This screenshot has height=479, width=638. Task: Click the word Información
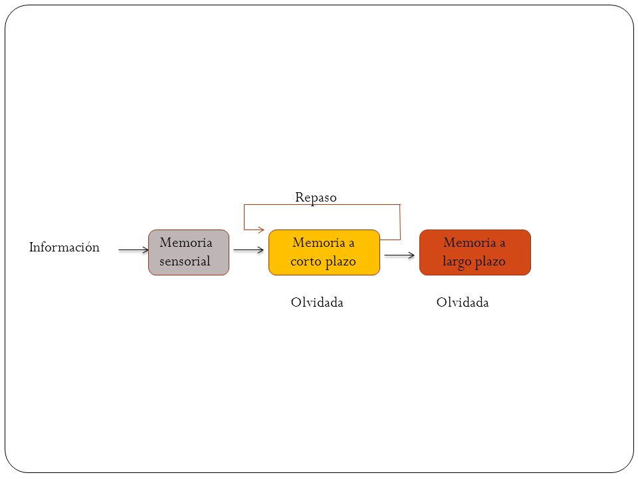click(x=64, y=247)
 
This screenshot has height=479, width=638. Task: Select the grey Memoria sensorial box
click(x=189, y=253)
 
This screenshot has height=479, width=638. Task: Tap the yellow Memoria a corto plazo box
click(x=324, y=253)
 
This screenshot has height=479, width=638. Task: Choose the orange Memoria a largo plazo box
click(x=475, y=253)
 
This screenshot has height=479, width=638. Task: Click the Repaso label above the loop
click(x=316, y=198)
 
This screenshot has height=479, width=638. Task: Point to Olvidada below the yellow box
click(x=317, y=302)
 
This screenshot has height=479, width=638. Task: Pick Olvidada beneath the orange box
click(x=463, y=302)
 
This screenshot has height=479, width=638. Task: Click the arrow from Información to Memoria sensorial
click(x=134, y=249)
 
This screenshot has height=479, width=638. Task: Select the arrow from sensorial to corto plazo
click(x=249, y=249)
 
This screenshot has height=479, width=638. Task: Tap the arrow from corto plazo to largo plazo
click(x=399, y=255)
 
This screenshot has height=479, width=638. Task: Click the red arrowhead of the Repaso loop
click(x=261, y=230)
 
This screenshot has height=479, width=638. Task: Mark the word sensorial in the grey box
click(x=185, y=261)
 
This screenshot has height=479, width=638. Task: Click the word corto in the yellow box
click(x=306, y=261)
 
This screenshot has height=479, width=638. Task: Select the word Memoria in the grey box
click(x=186, y=242)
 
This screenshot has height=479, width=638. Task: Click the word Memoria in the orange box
click(x=470, y=242)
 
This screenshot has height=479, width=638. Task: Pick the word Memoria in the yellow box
click(x=319, y=242)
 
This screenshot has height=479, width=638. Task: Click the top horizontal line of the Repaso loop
click(x=322, y=204)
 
